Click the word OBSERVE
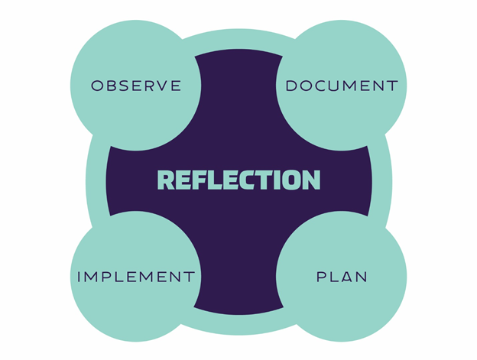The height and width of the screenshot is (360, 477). click(136, 86)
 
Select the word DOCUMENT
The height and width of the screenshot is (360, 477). click(342, 86)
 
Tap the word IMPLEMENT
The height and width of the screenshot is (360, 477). click(136, 277)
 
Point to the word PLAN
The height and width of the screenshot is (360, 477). click(342, 277)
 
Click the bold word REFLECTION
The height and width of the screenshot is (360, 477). click(238, 180)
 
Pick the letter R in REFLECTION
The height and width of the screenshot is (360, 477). click(166, 180)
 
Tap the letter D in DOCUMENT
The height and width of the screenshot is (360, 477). click(291, 86)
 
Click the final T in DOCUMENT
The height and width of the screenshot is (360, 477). click(393, 86)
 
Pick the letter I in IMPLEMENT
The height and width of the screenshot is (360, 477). click(79, 277)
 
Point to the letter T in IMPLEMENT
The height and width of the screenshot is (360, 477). click(190, 277)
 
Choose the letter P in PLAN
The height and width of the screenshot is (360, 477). click(321, 277)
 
